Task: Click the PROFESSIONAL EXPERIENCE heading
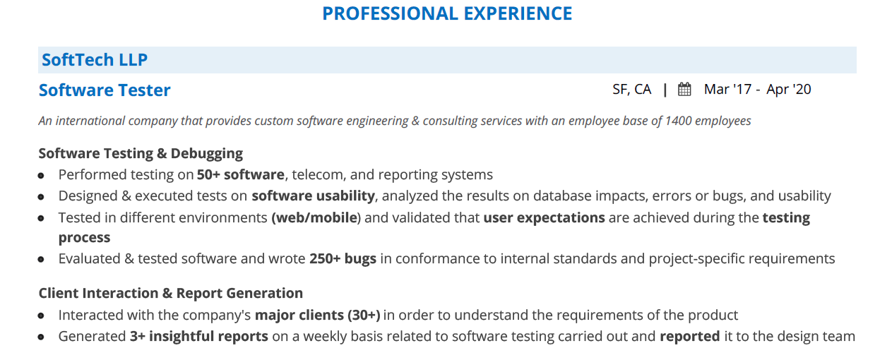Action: click(x=447, y=13)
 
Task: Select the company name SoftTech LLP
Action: click(x=95, y=60)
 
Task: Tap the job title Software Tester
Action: click(x=105, y=90)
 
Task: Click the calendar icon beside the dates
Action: click(x=684, y=89)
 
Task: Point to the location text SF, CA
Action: click(x=631, y=90)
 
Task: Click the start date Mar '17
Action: click(x=727, y=89)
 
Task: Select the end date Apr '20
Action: click(x=788, y=89)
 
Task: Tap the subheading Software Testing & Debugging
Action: click(x=141, y=154)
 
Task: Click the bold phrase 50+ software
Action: click(x=241, y=174)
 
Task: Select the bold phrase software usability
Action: click(x=313, y=196)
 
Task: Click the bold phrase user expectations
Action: click(x=544, y=217)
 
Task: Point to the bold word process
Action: click(x=85, y=237)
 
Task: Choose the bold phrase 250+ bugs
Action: click(x=343, y=258)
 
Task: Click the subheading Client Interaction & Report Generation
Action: click(x=171, y=293)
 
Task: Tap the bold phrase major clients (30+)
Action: click(x=317, y=315)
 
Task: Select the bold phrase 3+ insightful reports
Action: click(x=199, y=336)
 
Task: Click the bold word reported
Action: click(x=690, y=336)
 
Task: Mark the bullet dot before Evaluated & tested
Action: click(x=41, y=260)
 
